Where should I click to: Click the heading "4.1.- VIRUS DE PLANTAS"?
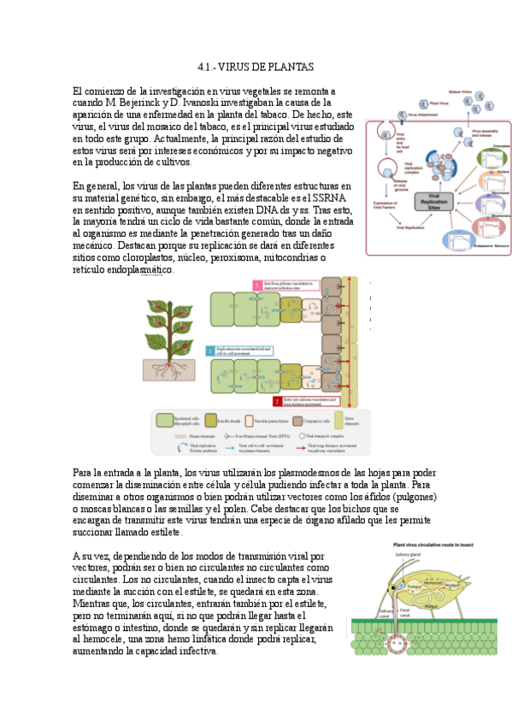256,67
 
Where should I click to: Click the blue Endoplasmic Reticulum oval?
485,242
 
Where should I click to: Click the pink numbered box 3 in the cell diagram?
255,285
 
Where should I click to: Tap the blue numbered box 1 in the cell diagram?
210,351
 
